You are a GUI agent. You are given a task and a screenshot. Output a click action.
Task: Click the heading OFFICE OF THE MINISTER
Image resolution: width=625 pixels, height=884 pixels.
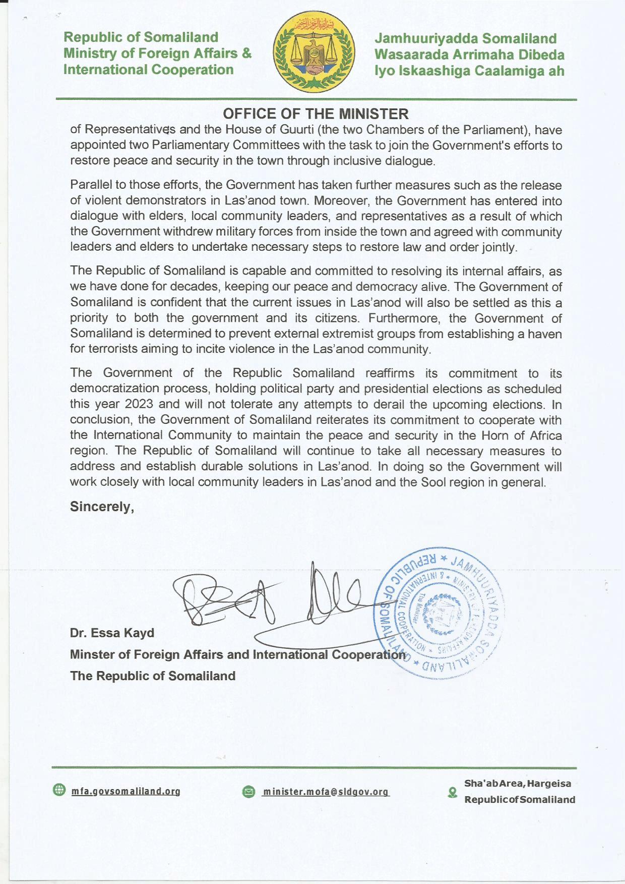(316, 114)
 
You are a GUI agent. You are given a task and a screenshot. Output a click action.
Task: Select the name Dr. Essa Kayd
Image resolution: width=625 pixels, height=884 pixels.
(112, 633)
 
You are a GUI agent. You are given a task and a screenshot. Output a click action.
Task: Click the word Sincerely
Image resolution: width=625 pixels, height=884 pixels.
(102, 507)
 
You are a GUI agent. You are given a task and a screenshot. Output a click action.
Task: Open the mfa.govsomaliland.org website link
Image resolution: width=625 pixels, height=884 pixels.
(126, 791)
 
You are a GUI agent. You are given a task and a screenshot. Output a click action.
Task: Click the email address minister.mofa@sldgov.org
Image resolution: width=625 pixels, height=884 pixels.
(326, 792)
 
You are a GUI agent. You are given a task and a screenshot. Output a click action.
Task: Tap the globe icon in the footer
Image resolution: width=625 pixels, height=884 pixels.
(59, 790)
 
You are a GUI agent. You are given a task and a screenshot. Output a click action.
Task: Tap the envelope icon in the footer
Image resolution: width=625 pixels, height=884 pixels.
(248, 792)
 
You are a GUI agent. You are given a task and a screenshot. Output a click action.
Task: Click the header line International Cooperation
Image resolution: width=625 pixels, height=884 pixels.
(148, 70)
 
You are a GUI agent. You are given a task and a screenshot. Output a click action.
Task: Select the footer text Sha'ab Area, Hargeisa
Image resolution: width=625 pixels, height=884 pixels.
(518, 784)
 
